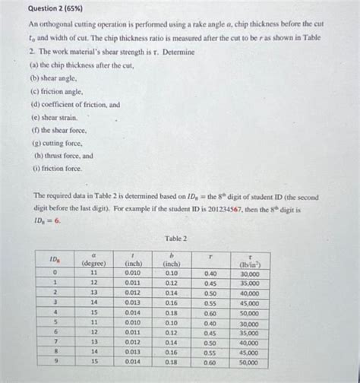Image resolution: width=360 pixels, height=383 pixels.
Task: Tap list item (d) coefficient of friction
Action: pos(74,104)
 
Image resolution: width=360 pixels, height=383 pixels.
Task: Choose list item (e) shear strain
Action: pos(55,117)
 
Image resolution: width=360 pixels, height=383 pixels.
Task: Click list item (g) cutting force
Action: pos(58,143)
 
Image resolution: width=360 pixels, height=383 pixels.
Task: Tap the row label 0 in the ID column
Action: pos(55,273)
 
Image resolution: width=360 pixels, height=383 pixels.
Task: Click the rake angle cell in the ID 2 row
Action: pos(93,293)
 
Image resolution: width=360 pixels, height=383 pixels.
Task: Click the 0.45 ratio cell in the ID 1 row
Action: pos(210,283)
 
